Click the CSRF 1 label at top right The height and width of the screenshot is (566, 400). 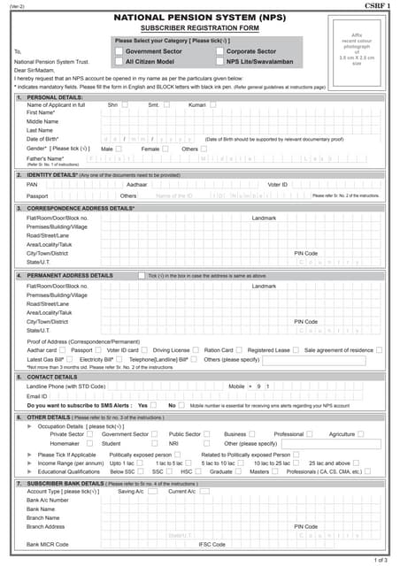pos(375,6)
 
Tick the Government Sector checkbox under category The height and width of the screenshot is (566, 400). pos(119,52)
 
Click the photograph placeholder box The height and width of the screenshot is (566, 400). pos(358,49)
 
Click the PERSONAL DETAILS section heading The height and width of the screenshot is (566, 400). pos(51,96)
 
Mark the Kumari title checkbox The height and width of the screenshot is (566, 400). pos(213,105)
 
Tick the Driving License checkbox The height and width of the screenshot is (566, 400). pos(198,350)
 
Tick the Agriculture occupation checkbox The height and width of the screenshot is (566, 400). pos(361,434)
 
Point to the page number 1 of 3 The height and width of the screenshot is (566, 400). pos(382,560)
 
